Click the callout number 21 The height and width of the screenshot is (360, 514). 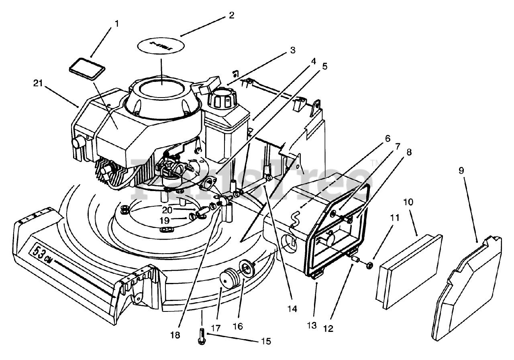pyautogui.click(x=39, y=84)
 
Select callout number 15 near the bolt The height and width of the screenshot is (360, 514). pyautogui.click(x=265, y=342)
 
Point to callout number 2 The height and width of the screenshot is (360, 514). pyautogui.click(x=231, y=16)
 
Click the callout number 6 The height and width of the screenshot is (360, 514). pyautogui.click(x=387, y=139)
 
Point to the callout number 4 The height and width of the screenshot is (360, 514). pyautogui.click(x=313, y=61)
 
